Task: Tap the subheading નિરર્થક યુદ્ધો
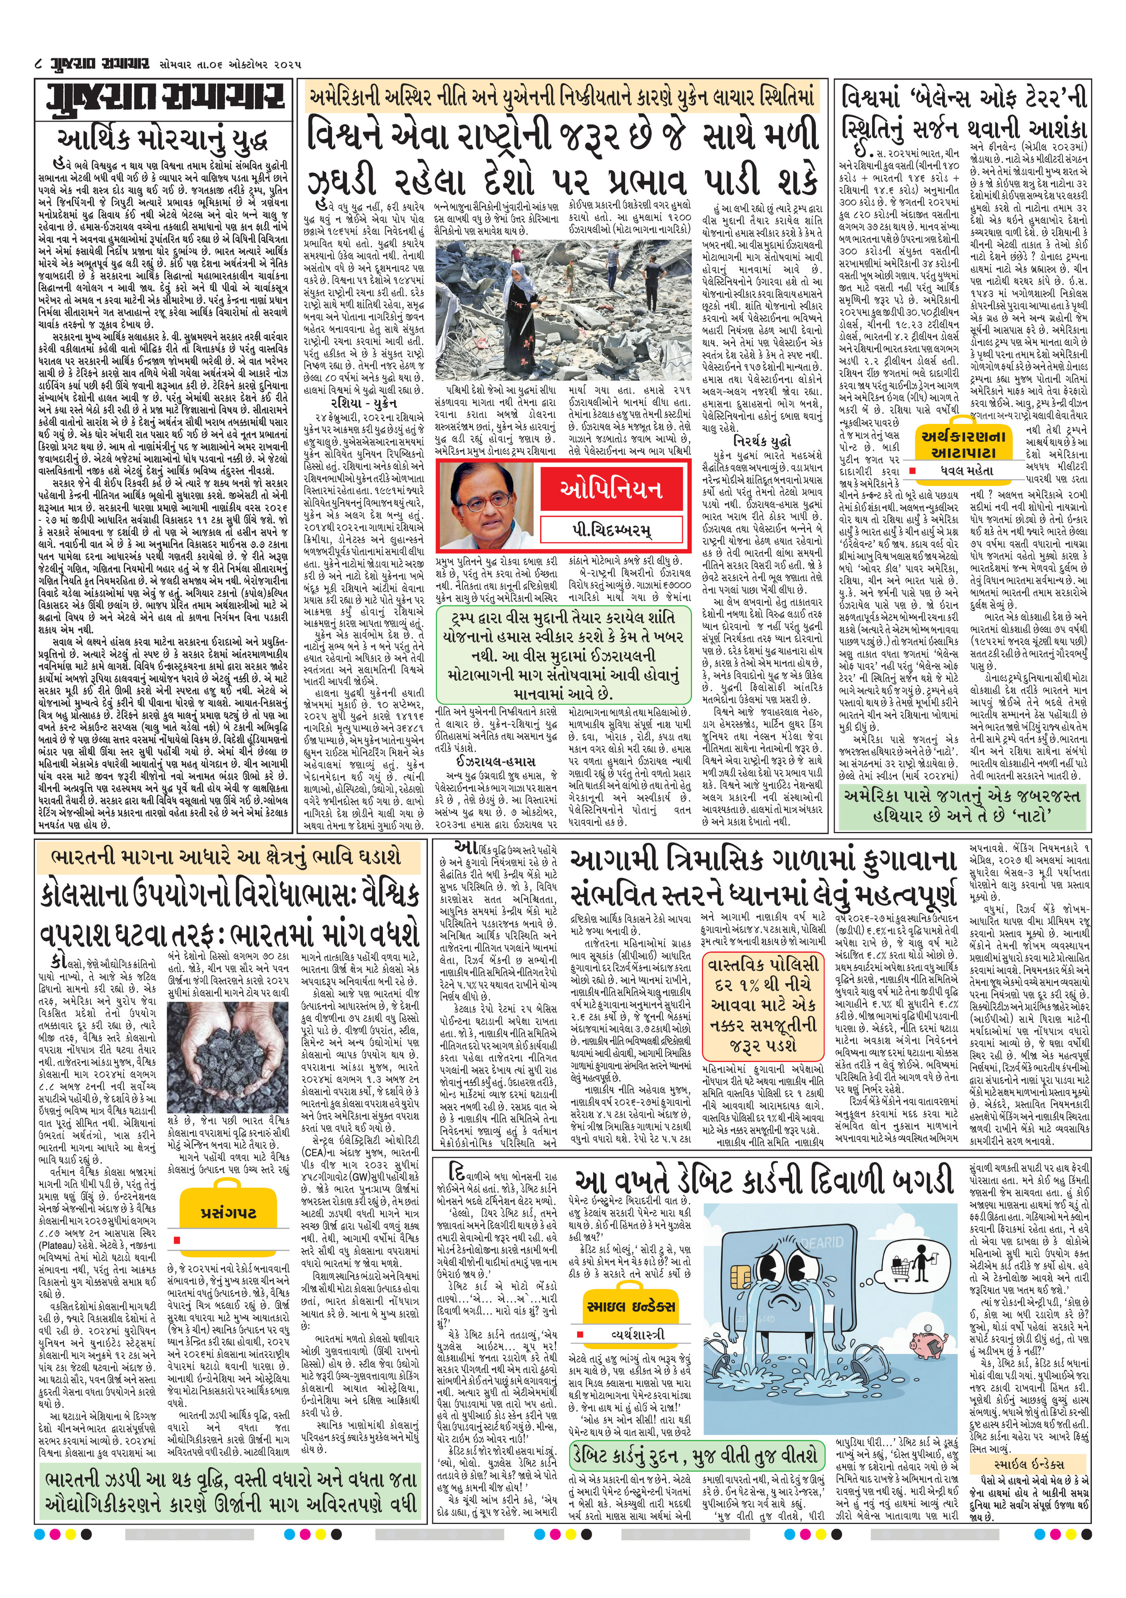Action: [762, 441]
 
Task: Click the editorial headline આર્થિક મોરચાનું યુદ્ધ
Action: [164, 138]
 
